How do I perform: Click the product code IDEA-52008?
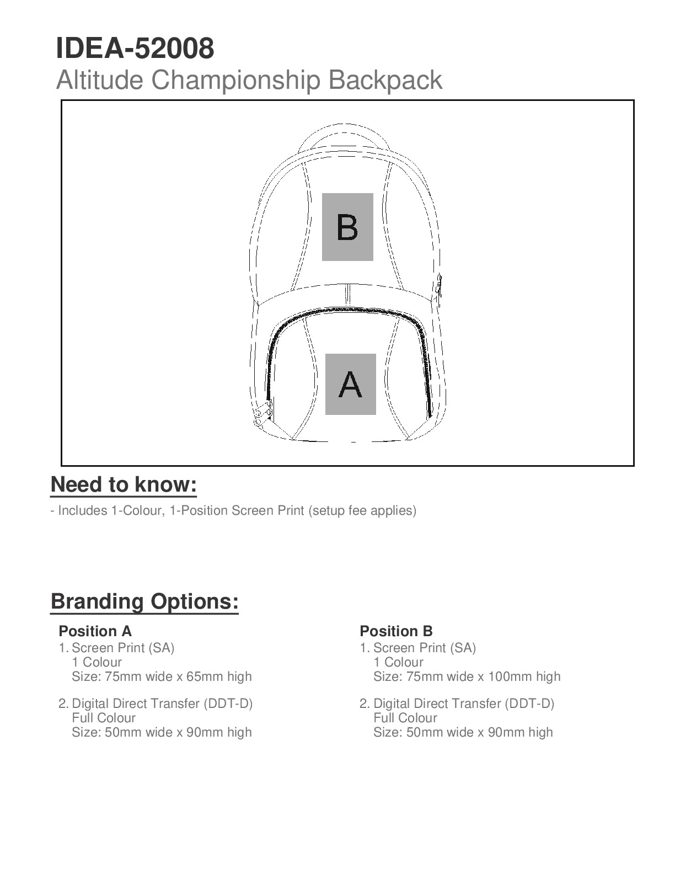pyautogui.click(x=135, y=49)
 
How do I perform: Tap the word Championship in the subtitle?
pyautogui.click(x=236, y=80)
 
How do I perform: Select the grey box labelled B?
pyautogui.click(x=347, y=227)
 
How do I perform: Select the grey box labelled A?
pyautogui.click(x=350, y=384)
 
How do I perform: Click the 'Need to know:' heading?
pyautogui.click(x=124, y=484)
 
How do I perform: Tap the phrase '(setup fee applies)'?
pyautogui.click(x=362, y=510)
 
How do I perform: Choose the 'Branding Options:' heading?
pyautogui.click(x=144, y=601)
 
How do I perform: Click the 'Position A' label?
pyautogui.click(x=95, y=631)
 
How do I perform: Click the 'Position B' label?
pyautogui.click(x=396, y=631)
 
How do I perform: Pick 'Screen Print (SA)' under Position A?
pyautogui.click(x=123, y=648)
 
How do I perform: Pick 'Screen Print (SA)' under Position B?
pyautogui.click(x=424, y=648)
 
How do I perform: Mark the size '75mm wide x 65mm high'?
pyautogui.click(x=178, y=676)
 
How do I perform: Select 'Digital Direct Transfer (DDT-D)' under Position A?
pyautogui.click(x=162, y=704)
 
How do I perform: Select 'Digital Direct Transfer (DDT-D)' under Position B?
pyautogui.click(x=463, y=704)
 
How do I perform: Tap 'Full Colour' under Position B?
pyautogui.click(x=405, y=718)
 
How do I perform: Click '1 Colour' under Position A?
pyautogui.click(x=97, y=662)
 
